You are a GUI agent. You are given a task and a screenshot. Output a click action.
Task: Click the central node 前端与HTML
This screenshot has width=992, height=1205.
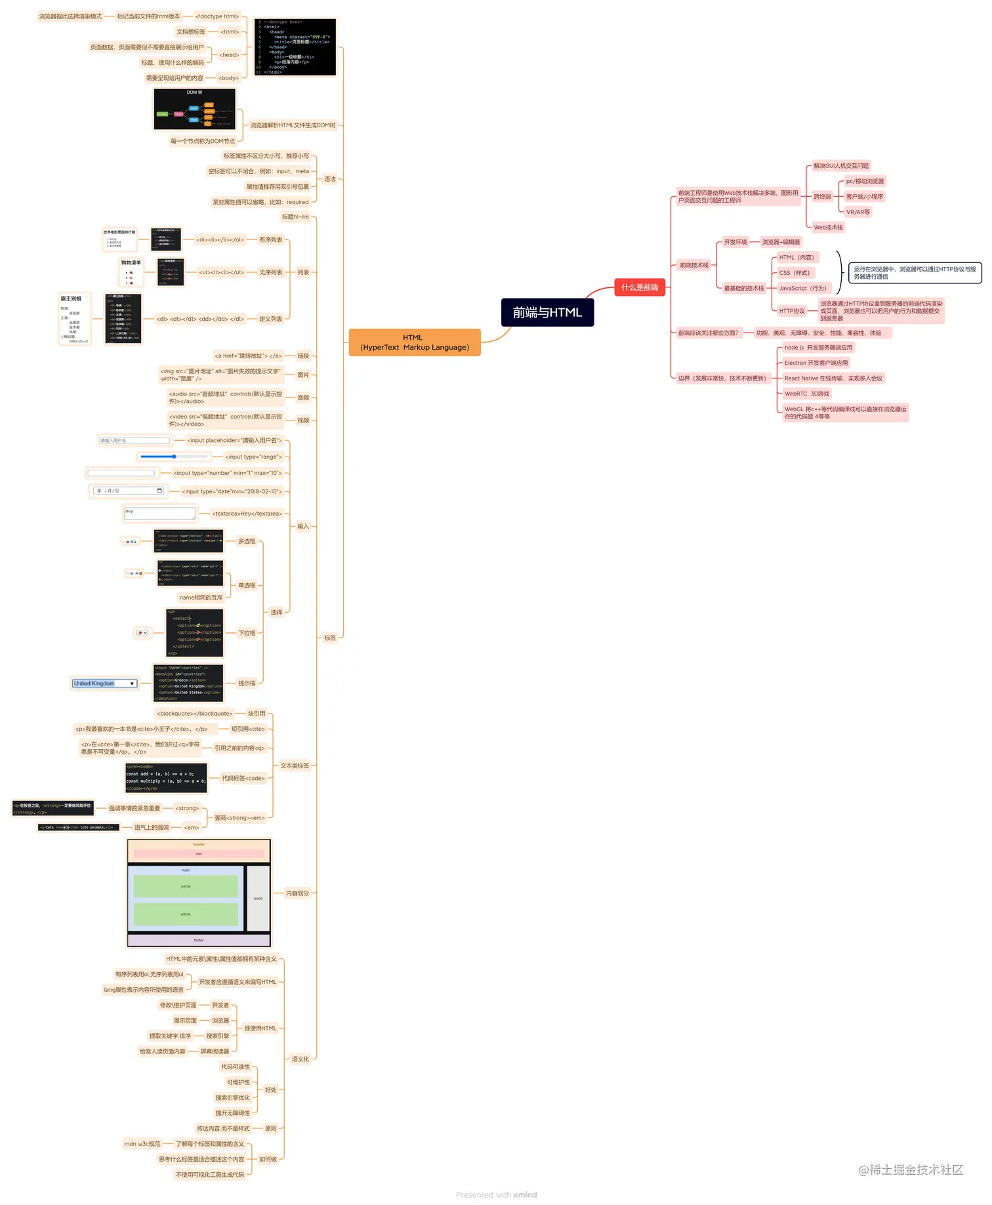tap(547, 312)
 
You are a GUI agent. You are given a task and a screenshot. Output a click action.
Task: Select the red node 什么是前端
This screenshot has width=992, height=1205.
tap(640, 287)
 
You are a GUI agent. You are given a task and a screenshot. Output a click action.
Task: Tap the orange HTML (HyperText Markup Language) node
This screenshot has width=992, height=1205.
tap(414, 342)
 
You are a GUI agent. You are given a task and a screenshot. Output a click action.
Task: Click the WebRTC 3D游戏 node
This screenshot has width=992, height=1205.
tap(806, 394)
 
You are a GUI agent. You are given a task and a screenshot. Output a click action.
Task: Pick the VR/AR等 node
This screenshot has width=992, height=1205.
tap(858, 212)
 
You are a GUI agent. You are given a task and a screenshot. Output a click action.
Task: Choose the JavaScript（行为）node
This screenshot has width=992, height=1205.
tap(802, 288)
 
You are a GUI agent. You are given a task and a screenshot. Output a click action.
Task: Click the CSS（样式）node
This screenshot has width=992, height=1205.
tap(794, 273)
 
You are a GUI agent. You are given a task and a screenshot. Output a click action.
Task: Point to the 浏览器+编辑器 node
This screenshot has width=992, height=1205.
tap(781, 242)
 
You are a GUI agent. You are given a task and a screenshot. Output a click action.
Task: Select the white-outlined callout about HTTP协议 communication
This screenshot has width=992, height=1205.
tap(915, 273)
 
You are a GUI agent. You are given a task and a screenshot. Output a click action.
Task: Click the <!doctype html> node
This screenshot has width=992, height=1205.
tap(217, 16)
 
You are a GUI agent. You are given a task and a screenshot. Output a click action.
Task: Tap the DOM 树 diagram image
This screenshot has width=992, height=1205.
tap(194, 110)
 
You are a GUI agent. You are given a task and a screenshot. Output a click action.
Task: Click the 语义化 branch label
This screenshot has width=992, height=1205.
tap(300, 1059)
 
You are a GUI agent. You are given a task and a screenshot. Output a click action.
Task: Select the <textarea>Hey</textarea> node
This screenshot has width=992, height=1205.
tap(247, 514)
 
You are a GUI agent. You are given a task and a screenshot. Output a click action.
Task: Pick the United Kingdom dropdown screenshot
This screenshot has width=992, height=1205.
tap(104, 684)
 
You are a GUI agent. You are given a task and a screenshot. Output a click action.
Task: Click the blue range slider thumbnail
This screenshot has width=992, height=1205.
tap(173, 457)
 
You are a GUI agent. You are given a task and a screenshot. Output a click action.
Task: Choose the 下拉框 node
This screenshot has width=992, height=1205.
tap(247, 633)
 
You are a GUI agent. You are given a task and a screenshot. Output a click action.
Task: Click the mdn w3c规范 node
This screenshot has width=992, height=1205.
tap(142, 1143)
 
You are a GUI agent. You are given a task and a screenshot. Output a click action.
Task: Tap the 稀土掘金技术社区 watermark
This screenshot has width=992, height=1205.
tap(911, 1170)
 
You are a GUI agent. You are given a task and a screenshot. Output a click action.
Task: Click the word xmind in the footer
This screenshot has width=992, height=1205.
tap(525, 1195)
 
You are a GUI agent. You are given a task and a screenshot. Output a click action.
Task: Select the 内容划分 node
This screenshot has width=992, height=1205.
tap(297, 893)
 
